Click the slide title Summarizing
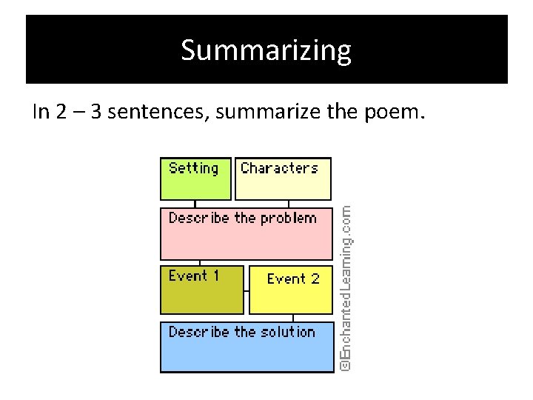[266, 50]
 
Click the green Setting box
[195, 179]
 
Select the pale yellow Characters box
[283, 179]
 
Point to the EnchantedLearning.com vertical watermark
[345, 288]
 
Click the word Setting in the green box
[193, 168]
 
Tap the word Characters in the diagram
[279, 168]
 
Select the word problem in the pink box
[287, 219]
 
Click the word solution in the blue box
[286, 332]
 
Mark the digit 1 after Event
[215, 276]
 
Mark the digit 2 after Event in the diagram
[314, 279]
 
